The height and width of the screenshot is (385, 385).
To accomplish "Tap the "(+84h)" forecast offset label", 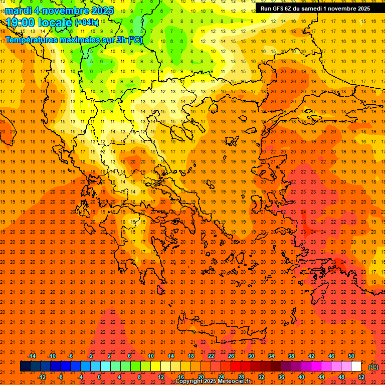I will pyautogui.click(x=87, y=23).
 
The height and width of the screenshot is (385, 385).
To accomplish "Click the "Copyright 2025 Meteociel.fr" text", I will pyautogui.click(x=213, y=381).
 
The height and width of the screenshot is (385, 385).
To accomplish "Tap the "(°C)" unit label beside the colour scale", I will pyautogui.click(x=373, y=367).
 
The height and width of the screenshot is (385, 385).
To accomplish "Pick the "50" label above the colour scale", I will pyautogui.click(x=351, y=356).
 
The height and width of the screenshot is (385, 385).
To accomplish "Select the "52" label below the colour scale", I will pyautogui.click(x=361, y=377).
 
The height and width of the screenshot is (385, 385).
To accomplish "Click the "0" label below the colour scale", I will pyautogui.click(x=99, y=377).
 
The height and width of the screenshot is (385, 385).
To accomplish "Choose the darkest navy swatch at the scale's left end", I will pyautogui.click(x=25, y=366).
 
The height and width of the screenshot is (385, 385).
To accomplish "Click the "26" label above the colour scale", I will pyautogui.click(x=231, y=356).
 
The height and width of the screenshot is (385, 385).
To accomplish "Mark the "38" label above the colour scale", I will pyautogui.click(x=291, y=356).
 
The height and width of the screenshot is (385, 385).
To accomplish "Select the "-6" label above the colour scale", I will pyautogui.click(x=71, y=356).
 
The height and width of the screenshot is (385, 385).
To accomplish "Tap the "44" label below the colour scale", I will pyautogui.click(x=321, y=377).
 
